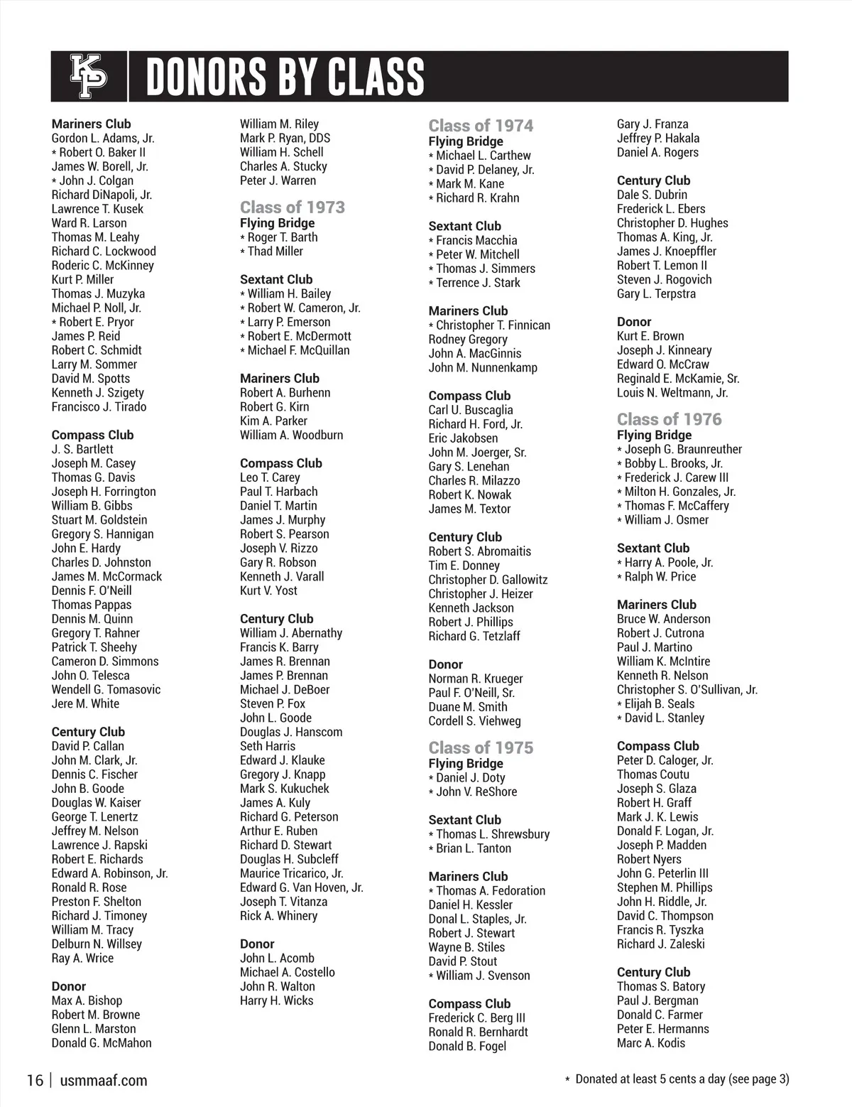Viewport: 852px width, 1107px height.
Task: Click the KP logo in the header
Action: coord(89,76)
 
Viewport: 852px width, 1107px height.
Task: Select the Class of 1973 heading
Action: coord(292,207)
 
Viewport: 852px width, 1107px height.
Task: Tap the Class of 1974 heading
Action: coord(481,126)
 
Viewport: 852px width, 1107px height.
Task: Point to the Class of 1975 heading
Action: coord(481,747)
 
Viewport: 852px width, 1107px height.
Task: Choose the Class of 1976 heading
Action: coord(669,419)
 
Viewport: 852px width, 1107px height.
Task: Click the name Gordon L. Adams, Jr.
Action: coord(103,139)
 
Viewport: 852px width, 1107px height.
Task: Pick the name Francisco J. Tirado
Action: coord(99,407)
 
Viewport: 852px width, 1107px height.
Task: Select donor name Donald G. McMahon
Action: coord(102,1043)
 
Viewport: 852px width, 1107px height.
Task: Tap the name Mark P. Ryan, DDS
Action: coord(285,139)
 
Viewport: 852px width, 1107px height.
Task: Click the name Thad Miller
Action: coord(275,252)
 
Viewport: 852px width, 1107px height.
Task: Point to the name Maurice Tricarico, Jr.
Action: coord(291,873)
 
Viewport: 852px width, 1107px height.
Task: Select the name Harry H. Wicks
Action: coord(276,1000)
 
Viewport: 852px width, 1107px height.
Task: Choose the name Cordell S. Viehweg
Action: coord(474,721)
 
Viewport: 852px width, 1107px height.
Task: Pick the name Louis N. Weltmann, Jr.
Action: coord(672,393)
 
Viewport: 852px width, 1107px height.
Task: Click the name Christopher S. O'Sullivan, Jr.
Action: coord(687,690)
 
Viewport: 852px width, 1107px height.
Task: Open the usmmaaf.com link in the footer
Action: coord(104,1081)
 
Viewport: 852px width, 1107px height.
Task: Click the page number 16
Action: coord(35,1081)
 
